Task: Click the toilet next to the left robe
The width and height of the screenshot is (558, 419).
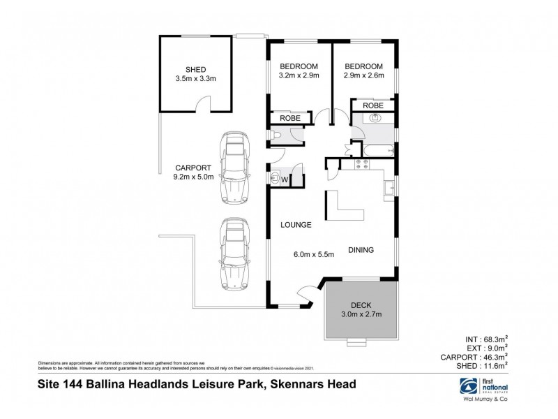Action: tap(277, 135)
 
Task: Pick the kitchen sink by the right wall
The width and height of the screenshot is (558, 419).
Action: tap(389, 186)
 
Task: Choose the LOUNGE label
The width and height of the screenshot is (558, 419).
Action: tap(295, 225)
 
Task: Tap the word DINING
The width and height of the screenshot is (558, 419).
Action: tap(361, 249)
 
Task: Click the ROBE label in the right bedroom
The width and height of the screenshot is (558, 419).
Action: tap(373, 104)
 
